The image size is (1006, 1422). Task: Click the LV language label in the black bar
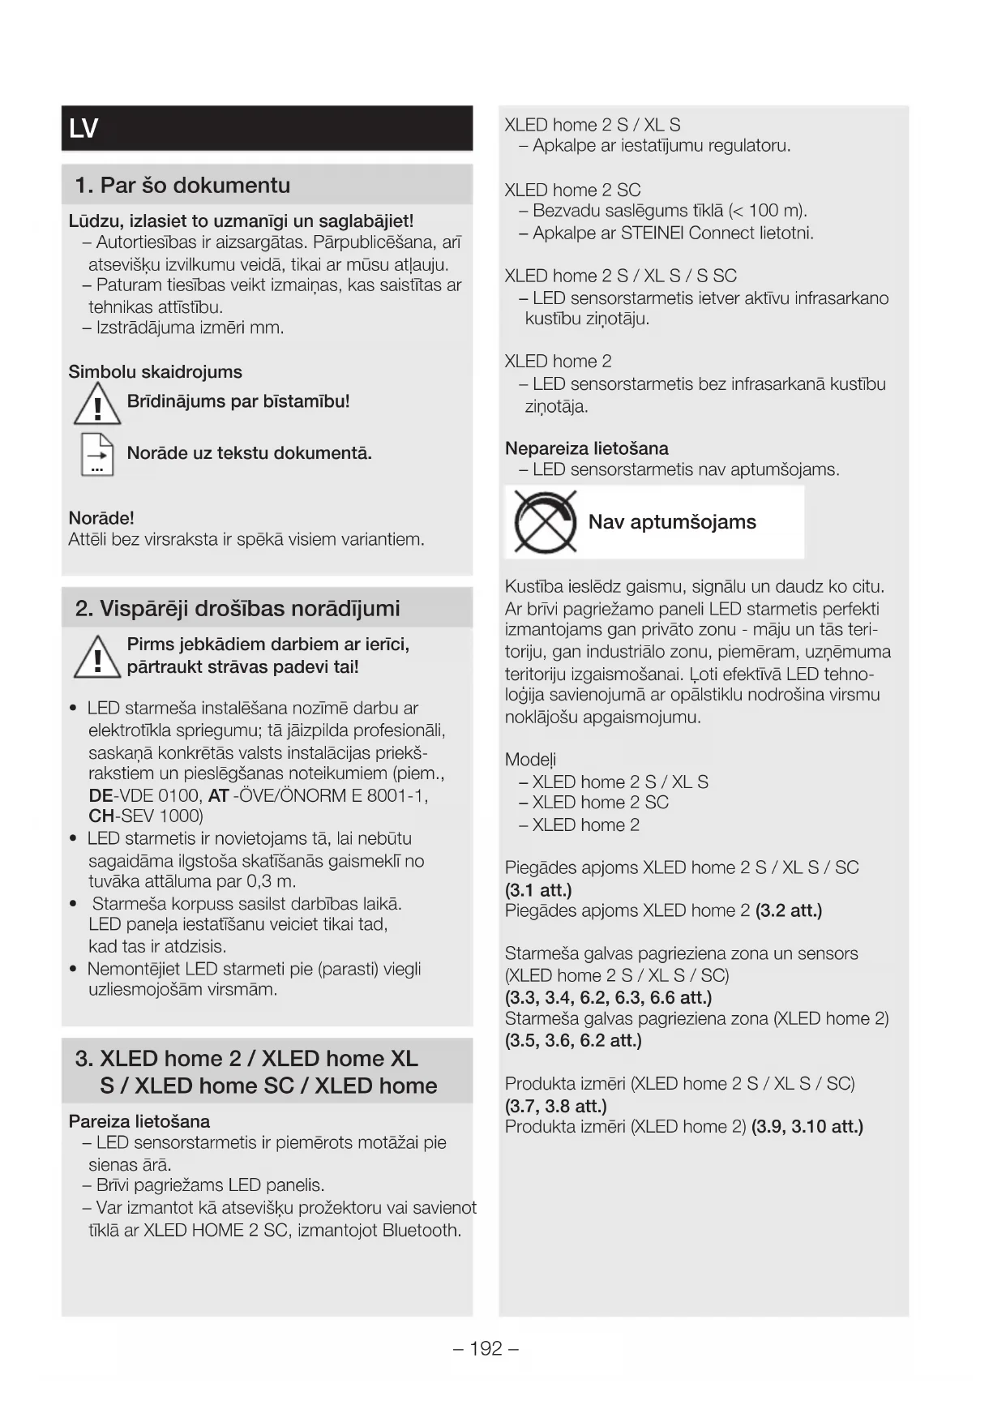coord(84,129)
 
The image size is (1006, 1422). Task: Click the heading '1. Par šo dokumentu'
coord(182,186)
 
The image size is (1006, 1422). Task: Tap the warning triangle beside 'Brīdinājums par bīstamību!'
coord(97,405)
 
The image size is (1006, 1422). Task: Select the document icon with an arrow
coord(97,454)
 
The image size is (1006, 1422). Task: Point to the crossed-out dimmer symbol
coord(545,522)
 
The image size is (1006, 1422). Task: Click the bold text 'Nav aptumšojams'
coord(672,522)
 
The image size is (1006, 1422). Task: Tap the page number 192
coord(486,1348)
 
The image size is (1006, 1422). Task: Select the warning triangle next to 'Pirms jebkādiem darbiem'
coord(97,657)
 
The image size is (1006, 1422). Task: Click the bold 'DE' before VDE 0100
coord(101,796)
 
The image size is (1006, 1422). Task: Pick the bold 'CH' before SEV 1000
coord(101,816)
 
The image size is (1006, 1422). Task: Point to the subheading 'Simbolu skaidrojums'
coord(155,372)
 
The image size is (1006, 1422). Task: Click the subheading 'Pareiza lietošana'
coord(139,1122)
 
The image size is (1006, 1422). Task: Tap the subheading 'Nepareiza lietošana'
coord(586,449)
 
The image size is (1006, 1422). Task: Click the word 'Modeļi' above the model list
coord(530,760)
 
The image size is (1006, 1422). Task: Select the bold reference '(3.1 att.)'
coord(538,890)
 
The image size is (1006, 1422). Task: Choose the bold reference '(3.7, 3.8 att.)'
coord(555,1106)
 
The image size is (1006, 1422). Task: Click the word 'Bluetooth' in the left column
coord(422,1231)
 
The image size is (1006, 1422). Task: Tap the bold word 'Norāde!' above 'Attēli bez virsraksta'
coord(101,518)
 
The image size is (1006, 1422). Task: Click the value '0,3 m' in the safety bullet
coord(271,882)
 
